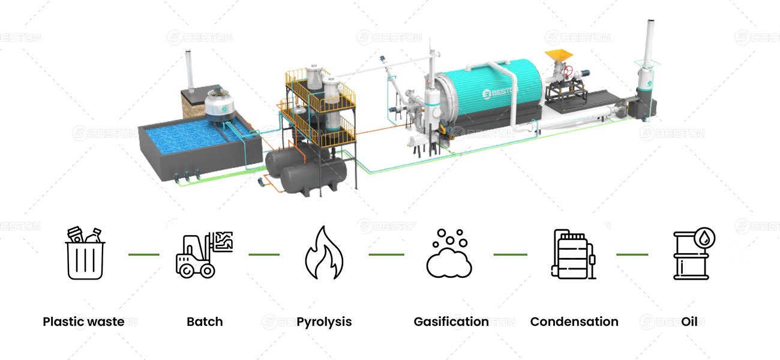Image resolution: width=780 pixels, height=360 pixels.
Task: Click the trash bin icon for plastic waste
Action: (x=85, y=254)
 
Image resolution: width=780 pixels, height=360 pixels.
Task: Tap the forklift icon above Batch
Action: (x=203, y=254)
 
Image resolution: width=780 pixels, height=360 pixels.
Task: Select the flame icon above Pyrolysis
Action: (x=324, y=253)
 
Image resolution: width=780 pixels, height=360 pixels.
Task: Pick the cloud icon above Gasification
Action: (x=449, y=254)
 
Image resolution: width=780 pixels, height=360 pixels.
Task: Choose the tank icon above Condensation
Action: (x=573, y=254)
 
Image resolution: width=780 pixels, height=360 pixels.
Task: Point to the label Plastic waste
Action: (x=83, y=322)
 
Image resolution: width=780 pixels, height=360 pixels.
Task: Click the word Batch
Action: (x=205, y=322)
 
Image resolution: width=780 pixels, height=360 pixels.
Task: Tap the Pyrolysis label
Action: (x=324, y=322)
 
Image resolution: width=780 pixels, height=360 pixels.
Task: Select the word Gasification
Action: (x=451, y=322)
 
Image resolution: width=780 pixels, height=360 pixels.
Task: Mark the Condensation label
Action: (x=574, y=322)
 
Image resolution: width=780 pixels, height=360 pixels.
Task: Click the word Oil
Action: (x=689, y=322)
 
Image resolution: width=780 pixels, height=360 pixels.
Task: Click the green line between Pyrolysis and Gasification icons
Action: (x=386, y=254)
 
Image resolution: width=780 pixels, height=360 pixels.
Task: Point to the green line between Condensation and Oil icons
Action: (x=632, y=254)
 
